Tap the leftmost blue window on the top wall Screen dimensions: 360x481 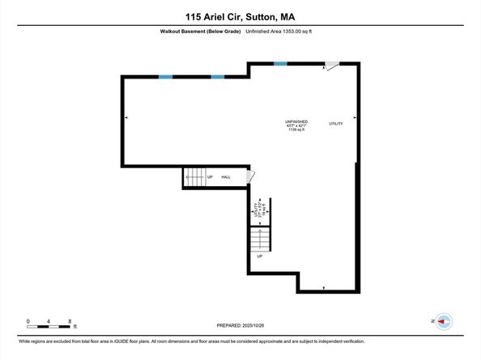[165, 77]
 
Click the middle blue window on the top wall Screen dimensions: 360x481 [218, 77]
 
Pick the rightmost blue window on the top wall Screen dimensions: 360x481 [280, 63]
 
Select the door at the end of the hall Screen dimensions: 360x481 [250, 176]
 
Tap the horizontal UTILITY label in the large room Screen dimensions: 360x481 [336, 124]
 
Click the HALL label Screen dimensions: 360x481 [226, 177]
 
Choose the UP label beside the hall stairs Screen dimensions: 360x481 [210, 177]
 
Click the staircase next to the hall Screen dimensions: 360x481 [194, 177]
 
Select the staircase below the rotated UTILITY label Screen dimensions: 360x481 [258, 238]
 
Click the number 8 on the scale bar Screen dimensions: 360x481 [70, 321]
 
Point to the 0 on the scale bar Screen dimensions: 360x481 [28, 321]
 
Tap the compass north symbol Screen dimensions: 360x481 [441, 322]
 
